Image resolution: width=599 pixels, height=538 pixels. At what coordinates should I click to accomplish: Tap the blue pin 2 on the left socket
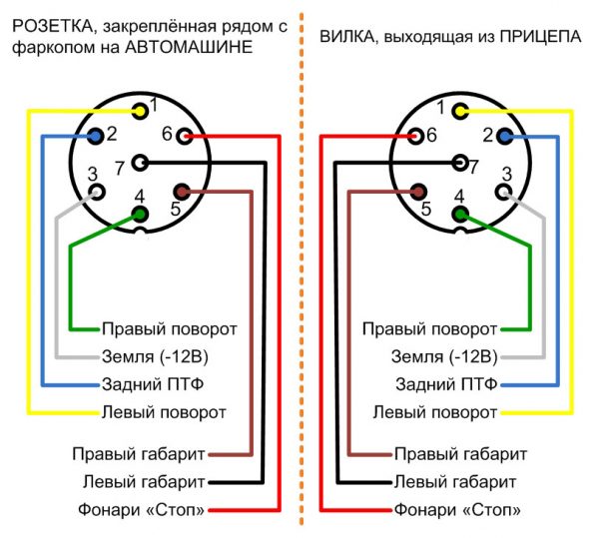click(x=96, y=135)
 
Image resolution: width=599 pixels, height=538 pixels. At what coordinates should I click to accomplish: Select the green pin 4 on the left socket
click(x=139, y=213)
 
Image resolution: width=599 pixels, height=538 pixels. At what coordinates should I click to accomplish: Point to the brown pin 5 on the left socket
click(x=181, y=191)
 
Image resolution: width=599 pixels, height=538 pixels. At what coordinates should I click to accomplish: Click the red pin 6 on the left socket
click(x=182, y=136)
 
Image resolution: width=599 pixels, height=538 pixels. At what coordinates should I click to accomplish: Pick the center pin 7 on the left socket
click(x=140, y=162)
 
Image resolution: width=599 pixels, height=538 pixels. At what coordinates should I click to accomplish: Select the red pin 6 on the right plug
click(x=416, y=136)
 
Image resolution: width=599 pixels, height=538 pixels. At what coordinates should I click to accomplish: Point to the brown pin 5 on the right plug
click(x=416, y=191)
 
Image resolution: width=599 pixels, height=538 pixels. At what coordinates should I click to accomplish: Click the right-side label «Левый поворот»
click(x=434, y=411)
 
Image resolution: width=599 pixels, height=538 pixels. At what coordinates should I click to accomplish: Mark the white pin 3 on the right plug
click(x=502, y=190)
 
